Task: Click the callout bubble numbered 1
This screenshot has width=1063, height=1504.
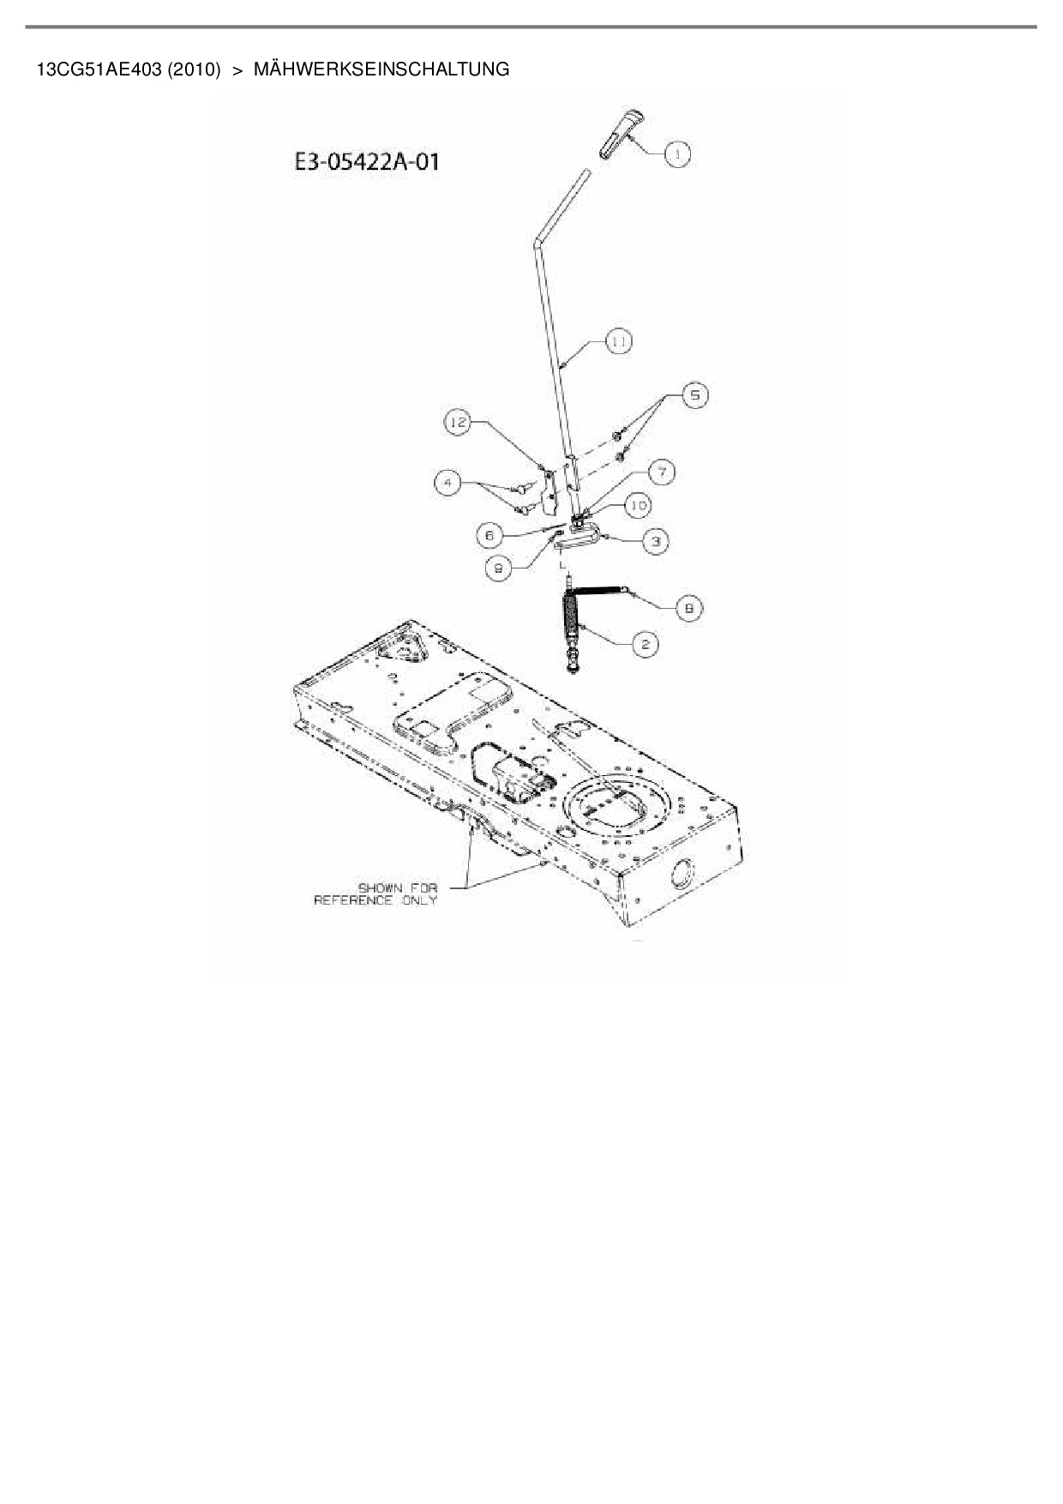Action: tap(677, 154)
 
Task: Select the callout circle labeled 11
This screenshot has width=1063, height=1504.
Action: tap(618, 341)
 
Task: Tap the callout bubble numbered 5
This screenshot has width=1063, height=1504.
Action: tap(695, 395)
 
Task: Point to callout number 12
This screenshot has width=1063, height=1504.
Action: tap(459, 422)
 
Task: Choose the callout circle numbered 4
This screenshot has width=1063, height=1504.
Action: tap(447, 484)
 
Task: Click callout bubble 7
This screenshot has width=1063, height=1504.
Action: tap(662, 471)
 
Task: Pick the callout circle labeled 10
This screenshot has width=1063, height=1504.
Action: tap(639, 505)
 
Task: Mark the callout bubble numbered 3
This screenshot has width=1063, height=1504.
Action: tap(656, 541)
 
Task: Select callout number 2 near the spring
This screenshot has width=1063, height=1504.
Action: tap(646, 643)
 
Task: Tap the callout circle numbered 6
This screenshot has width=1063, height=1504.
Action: tap(489, 534)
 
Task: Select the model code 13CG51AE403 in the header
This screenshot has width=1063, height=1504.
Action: tap(99, 69)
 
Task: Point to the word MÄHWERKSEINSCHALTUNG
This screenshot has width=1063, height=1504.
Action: tap(381, 69)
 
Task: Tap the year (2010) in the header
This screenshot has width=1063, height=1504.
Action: tap(195, 69)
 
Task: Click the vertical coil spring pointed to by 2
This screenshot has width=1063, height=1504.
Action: tap(569, 624)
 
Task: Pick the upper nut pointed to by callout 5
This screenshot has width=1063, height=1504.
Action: tap(618, 435)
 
